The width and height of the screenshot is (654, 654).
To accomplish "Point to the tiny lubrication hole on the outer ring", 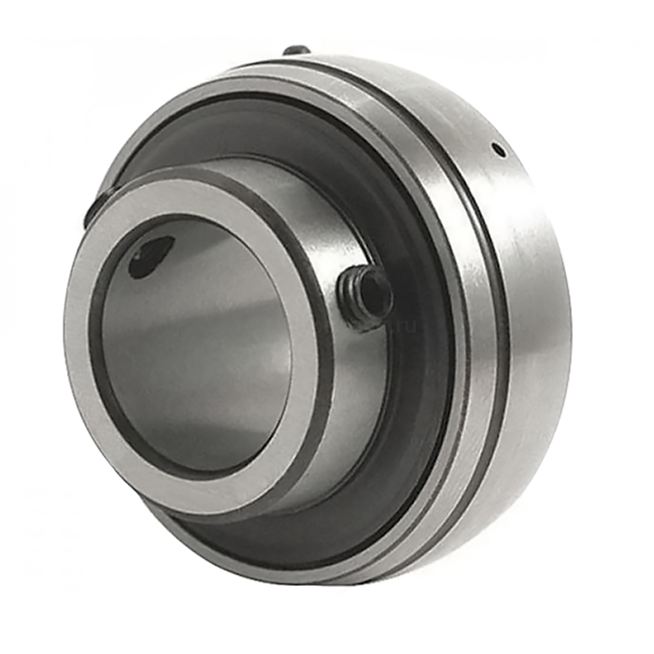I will coord(497,149).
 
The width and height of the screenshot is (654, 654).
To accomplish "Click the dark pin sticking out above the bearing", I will coord(297,50).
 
